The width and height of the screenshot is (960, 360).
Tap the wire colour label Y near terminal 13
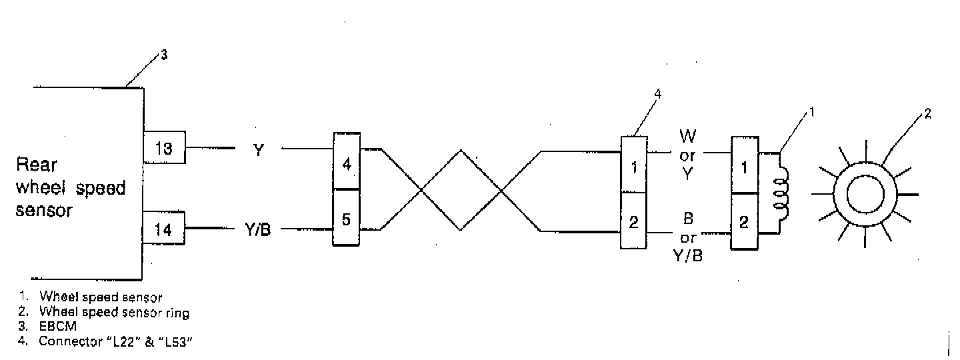259,149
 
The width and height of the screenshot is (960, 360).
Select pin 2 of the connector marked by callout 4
634,221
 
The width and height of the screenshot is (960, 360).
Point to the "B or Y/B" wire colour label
688,237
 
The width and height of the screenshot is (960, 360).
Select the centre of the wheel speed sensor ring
864,193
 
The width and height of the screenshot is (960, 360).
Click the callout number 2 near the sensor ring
927,113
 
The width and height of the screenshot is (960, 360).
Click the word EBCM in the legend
54,327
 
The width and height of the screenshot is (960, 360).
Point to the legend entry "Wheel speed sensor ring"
114,312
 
